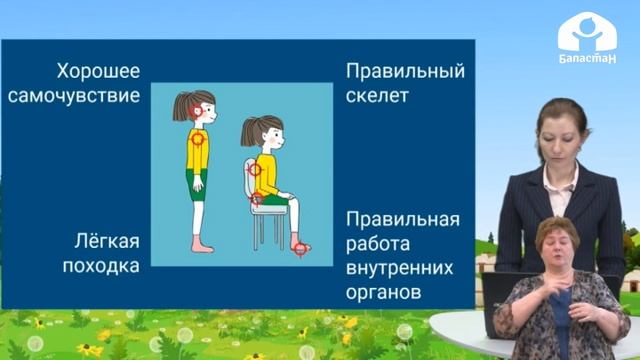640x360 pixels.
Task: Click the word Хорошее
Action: (97, 73)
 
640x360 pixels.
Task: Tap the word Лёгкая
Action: (106, 241)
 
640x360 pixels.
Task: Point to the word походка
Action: (98, 266)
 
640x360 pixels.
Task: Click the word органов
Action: (383, 294)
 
